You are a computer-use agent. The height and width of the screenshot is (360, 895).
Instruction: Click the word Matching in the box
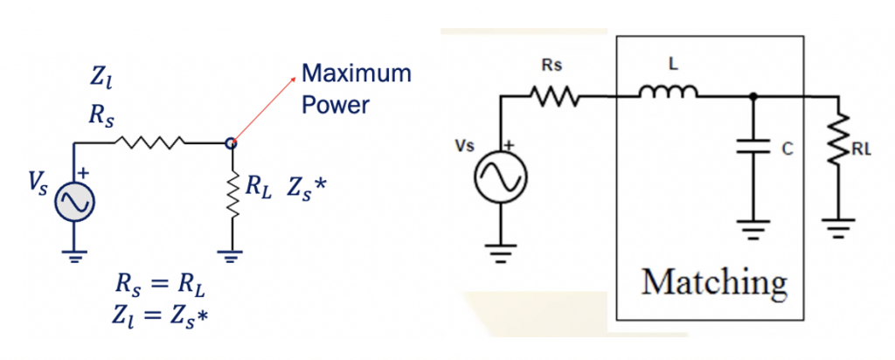coord(714,281)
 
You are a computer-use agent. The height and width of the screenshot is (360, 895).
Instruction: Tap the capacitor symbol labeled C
coord(753,150)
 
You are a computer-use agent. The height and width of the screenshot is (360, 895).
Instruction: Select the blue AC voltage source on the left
coord(74,203)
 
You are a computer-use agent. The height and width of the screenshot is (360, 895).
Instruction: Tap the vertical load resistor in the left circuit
coord(232,198)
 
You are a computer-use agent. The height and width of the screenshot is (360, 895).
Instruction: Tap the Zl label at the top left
coord(101,80)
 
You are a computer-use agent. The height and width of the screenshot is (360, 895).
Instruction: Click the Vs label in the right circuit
coord(463,146)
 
